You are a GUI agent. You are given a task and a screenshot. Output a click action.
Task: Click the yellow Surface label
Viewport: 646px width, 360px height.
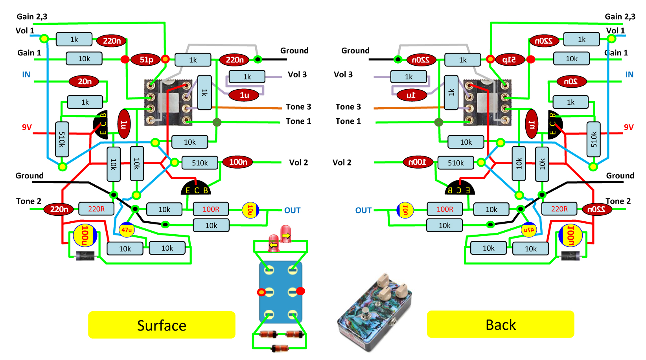click(162, 325)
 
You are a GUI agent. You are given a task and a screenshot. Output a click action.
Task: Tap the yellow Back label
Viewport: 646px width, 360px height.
click(501, 324)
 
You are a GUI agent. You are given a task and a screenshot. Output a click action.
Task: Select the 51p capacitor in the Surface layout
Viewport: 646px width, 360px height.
click(146, 59)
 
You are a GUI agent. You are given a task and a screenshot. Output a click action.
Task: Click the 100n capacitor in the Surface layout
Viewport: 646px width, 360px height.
click(238, 162)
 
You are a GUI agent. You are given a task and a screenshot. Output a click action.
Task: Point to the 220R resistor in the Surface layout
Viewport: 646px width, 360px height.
click(96, 209)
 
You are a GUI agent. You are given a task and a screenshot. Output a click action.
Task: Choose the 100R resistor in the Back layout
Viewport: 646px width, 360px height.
click(445, 209)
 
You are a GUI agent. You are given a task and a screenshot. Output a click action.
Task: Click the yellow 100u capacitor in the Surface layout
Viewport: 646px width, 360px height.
click(85, 235)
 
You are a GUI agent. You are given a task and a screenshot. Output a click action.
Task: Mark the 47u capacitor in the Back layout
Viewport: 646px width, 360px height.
click(529, 230)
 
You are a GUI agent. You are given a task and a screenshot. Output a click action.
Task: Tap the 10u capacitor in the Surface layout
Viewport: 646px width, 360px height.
click(250, 210)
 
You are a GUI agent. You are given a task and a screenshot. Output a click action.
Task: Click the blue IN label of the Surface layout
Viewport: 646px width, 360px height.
click(26, 75)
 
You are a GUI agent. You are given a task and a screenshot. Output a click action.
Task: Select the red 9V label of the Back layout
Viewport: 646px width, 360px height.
click(629, 127)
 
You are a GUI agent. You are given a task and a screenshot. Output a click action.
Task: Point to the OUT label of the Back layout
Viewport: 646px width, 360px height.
click(363, 210)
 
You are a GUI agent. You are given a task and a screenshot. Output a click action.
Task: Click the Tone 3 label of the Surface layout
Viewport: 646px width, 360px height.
click(298, 107)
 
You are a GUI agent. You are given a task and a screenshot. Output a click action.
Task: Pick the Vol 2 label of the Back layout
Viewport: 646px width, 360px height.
click(342, 163)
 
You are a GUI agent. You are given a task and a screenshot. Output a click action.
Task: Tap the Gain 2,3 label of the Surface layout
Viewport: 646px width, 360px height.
click(32, 17)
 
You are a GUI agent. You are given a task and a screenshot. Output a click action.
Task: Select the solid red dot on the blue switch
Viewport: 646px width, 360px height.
click(300, 291)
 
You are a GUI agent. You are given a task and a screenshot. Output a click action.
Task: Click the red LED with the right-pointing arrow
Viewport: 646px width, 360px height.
click(286, 234)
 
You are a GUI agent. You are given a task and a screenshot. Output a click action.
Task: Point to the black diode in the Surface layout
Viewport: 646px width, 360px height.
click(85, 256)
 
